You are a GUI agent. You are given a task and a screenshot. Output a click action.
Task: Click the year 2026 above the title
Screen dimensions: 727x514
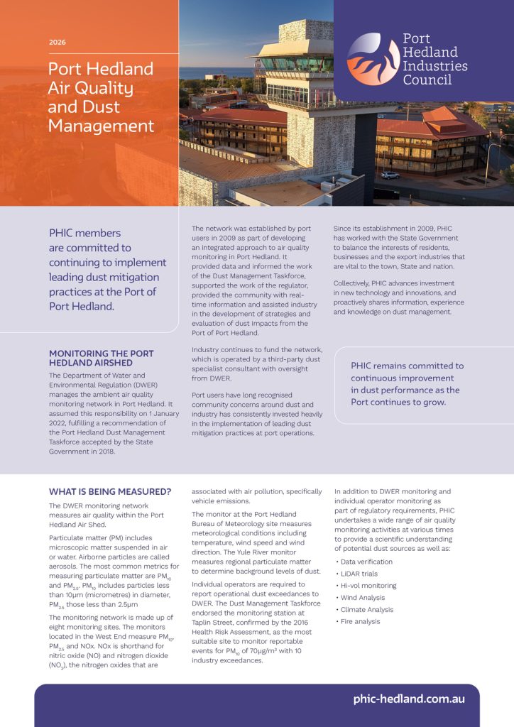[x=58, y=43]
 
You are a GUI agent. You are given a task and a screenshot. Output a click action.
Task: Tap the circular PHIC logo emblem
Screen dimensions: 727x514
[x=373, y=60]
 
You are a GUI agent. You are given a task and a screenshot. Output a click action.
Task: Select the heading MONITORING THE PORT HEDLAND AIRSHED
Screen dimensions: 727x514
[x=101, y=358]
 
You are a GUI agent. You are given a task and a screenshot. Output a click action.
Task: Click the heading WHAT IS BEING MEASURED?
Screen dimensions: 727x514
[x=110, y=491]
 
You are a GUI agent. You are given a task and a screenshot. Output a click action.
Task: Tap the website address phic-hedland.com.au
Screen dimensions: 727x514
[x=409, y=699]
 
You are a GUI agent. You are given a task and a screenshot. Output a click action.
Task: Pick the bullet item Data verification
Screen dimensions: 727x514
[x=366, y=562]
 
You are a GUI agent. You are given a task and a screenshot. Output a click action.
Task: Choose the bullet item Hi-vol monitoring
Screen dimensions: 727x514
[x=368, y=586]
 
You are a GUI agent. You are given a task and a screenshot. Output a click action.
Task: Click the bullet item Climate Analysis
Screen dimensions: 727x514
[x=367, y=610]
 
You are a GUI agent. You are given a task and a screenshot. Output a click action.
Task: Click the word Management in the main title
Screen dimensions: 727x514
[x=101, y=126]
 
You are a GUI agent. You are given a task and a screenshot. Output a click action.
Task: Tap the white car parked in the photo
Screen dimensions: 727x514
[x=390, y=175]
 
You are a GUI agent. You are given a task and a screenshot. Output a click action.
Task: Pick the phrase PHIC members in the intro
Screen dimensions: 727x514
[x=84, y=233]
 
